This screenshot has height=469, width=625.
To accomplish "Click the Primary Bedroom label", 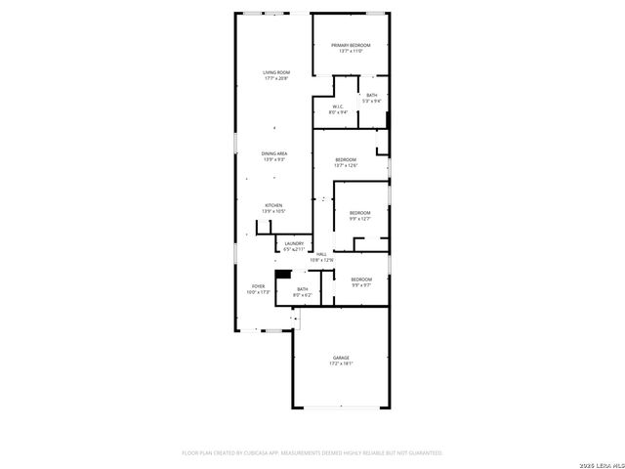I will pos(350,45).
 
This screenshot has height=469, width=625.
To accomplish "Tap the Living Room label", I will pos(275,72).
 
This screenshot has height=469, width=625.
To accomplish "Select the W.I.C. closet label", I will pos(337,107).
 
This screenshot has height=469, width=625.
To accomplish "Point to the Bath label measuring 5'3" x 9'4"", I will pos(371,95).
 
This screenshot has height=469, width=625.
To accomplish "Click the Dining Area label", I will pos(273,153).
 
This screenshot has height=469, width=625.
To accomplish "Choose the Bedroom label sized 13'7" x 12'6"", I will pos(346,159).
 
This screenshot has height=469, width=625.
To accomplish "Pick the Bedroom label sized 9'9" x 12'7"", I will pos(360,213).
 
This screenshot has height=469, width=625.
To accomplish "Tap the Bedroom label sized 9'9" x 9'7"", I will pos(360,279).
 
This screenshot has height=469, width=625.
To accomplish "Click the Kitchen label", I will pos(272,205).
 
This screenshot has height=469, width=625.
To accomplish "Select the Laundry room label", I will pos(294,244).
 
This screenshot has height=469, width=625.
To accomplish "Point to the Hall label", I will pos(321,254).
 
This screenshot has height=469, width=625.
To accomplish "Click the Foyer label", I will pos(257,286).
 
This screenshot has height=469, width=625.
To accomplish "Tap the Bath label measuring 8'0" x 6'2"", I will pos(303,288).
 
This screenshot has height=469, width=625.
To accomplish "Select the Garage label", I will pos(340,358).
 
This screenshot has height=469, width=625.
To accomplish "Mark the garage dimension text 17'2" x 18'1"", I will pos(340,363).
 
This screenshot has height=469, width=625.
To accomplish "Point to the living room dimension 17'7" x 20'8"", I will pos(275,78).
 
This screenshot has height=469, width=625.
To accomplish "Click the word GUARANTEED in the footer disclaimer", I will pos(423,453).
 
